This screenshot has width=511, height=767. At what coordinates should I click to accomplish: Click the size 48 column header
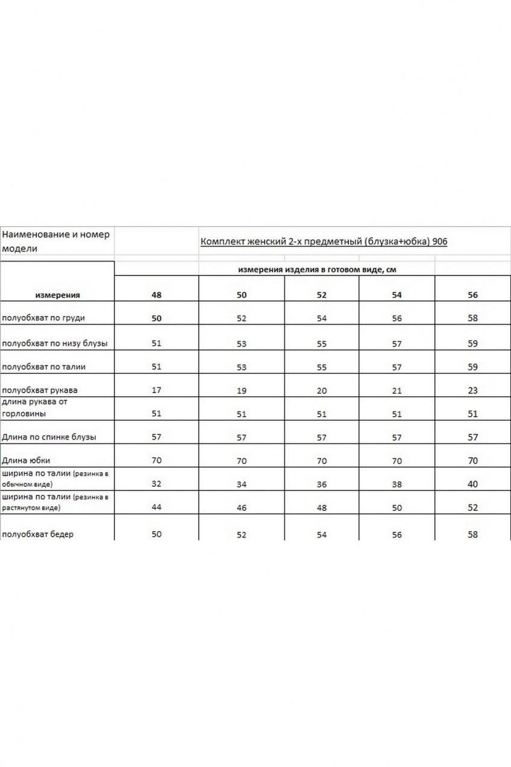click(x=157, y=295)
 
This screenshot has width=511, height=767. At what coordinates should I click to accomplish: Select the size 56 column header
click(x=472, y=295)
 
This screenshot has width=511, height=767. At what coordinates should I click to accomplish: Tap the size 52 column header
click(x=321, y=295)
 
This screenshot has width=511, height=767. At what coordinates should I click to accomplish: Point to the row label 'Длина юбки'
click(x=26, y=461)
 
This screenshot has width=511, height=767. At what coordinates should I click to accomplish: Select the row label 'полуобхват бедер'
click(x=38, y=534)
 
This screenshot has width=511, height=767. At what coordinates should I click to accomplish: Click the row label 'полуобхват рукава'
click(x=40, y=390)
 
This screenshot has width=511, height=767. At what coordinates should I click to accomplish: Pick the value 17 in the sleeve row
click(x=157, y=390)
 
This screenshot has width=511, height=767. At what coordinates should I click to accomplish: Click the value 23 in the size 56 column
click(x=472, y=390)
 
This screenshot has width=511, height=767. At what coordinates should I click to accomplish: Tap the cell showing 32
click(x=157, y=484)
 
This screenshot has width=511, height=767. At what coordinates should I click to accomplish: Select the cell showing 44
click(x=157, y=508)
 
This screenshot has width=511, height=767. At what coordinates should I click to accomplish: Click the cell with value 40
click(x=472, y=484)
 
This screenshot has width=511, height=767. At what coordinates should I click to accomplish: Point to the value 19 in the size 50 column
click(x=242, y=391)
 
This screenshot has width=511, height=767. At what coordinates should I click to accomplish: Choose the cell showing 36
click(x=321, y=484)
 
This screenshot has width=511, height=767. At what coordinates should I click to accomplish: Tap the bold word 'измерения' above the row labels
click(x=57, y=295)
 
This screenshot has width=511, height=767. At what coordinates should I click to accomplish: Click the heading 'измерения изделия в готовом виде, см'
click(x=316, y=270)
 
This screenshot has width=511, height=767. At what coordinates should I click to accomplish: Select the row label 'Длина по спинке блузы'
click(x=49, y=437)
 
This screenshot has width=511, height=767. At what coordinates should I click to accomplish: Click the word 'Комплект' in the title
click(x=220, y=242)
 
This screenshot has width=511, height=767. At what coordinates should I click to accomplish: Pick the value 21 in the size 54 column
click(x=397, y=391)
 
